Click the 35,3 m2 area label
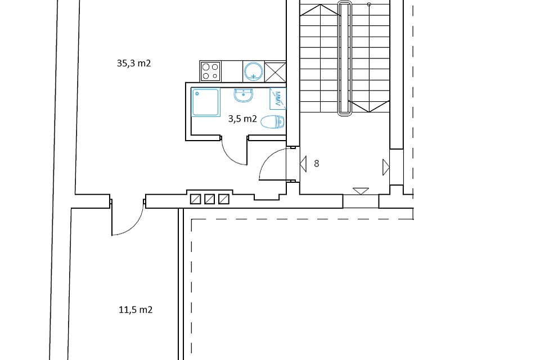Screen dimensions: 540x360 point(134,64)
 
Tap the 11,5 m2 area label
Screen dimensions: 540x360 point(136,310)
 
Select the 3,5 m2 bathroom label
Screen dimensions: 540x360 point(242,119)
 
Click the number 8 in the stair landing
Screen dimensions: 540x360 point(317,163)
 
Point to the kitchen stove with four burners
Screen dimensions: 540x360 point(210,71)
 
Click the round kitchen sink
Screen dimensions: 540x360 point(254,71)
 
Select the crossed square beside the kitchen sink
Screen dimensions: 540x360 point(275,71)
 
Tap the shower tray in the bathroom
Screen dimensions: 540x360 point(206,102)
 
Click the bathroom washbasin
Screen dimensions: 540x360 point(244,95)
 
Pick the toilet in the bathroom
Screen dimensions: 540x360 point(273,121)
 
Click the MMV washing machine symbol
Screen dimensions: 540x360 point(277,99)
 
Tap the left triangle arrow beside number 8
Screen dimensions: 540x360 point(303,164)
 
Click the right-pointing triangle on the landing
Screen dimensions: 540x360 point(386,168)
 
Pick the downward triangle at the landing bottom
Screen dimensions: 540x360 point(361,191)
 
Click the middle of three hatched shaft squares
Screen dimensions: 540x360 point(210,199)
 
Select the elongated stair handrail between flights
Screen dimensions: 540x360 point(344,58)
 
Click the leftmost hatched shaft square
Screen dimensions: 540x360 point(196,199)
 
